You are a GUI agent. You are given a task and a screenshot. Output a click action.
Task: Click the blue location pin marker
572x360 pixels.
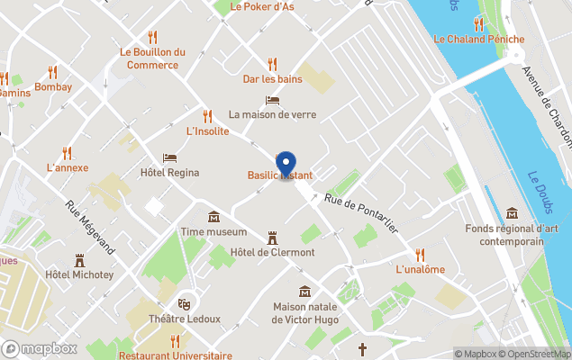[x=286, y=165]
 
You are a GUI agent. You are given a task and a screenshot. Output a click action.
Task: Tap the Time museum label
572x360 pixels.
[x=214, y=231]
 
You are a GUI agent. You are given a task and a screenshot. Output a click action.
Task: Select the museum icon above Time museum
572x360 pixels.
[x=214, y=216]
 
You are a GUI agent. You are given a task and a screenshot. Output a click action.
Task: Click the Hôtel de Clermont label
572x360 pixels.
[x=272, y=252]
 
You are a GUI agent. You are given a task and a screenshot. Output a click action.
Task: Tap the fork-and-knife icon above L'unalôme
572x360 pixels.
[x=420, y=254]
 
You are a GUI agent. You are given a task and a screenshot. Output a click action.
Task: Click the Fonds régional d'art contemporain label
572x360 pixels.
[x=512, y=235]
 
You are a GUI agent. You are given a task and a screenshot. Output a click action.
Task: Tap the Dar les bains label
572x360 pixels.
[x=272, y=78]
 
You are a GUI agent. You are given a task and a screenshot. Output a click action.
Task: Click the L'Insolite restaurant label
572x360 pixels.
[x=207, y=130]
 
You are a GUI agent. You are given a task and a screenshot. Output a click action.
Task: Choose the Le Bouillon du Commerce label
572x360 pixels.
[x=152, y=58]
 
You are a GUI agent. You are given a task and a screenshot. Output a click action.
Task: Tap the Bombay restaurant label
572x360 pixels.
[x=53, y=87]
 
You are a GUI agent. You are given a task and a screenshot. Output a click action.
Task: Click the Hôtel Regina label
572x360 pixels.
[x=168, y=172]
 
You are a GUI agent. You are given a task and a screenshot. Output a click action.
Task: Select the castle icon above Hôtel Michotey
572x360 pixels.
[x=79, y=259]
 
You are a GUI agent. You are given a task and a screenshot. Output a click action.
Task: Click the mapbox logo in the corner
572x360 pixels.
[x=41, y=348]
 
